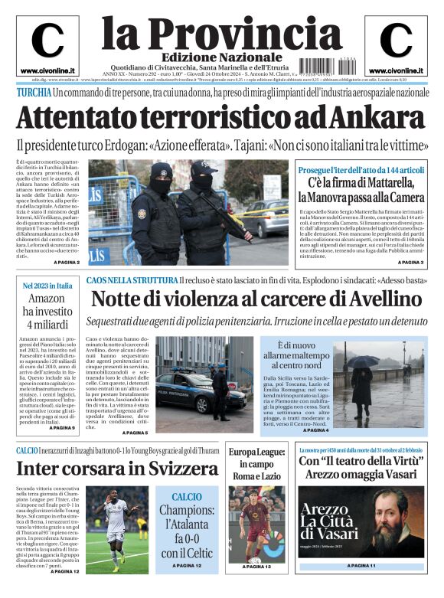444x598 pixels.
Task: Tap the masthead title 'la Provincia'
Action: (x=222, y=32)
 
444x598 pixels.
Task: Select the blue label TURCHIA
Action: (x=34, y=93)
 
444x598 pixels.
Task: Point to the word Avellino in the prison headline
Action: (x=371, y=299)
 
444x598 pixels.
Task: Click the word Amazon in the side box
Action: (x=47, y=299)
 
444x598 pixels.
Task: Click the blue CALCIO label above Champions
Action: (x=187, y=497)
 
